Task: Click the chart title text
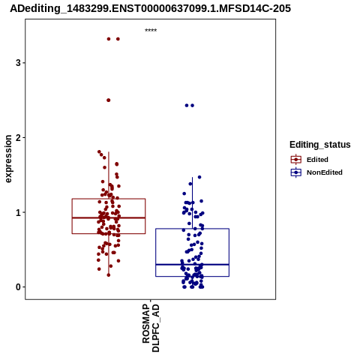(x=150, y=8)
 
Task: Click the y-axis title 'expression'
(x=8, y=159)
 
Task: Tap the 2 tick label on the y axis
(x=18, y=137)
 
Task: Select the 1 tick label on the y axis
(x=18, y=212)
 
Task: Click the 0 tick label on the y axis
(x=18, y=287)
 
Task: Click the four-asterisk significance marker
(x=151, y=30)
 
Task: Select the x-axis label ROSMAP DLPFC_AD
(x=151, y=328)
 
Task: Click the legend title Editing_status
(x=320, y=145)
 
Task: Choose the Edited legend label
(x=317, y=160)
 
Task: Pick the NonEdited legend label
(x=325, y=172)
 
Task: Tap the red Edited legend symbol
(x=296, y=160)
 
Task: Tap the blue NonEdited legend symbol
(x=296, y=172)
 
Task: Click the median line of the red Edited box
(x=109, y=217)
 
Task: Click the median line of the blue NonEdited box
(x=192, y=264)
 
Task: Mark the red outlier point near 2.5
(x=109, y=100)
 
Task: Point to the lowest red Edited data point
(x=109, y=275)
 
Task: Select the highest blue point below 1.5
(x=199, y=177)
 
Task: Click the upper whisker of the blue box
(x=192, y=202)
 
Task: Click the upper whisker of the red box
(x=109, y=175)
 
